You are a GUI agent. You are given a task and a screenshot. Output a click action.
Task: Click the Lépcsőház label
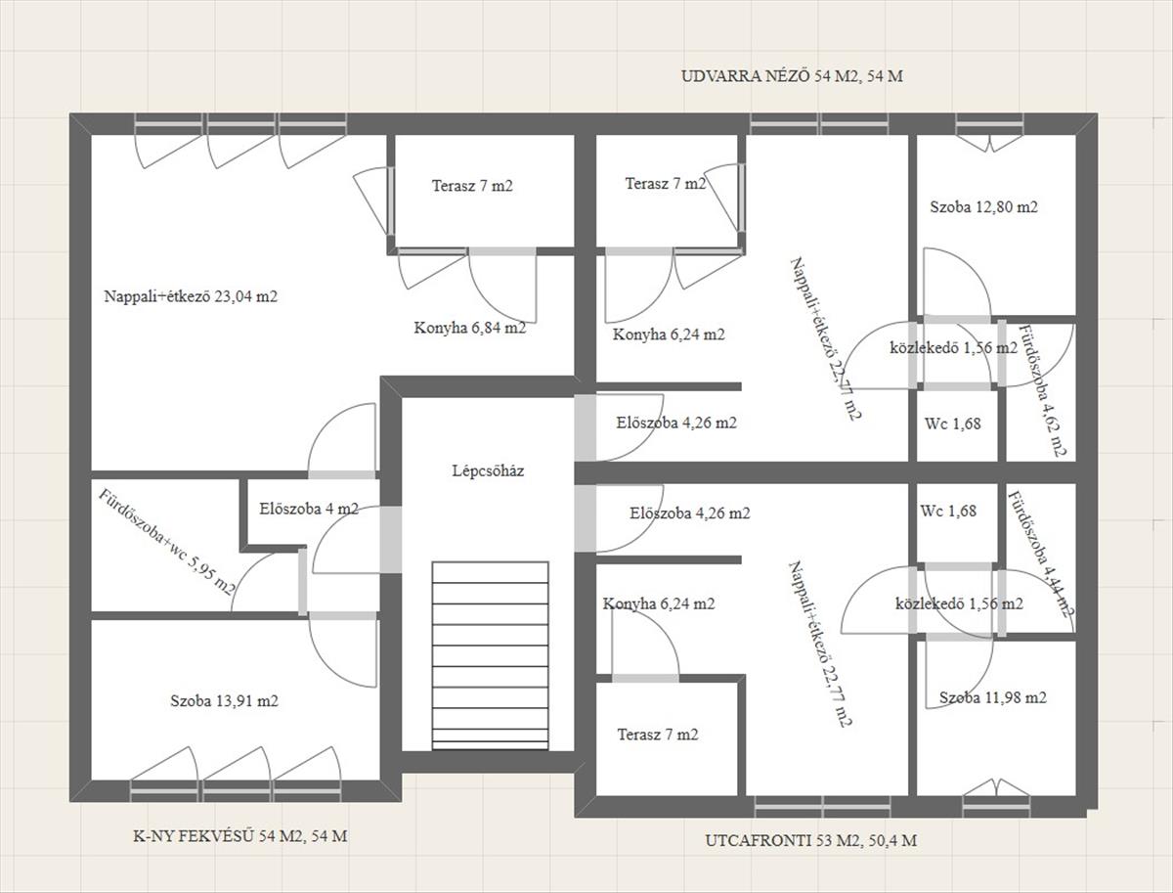[x=488, y=471]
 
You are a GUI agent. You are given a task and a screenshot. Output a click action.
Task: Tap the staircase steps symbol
[x=490, y=655]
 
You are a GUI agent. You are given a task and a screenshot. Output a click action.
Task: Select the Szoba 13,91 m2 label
[x=224, y=701]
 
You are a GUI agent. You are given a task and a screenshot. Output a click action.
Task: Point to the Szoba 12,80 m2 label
[x=983, y=207]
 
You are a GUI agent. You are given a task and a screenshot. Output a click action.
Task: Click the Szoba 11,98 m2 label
[x=993, y=697]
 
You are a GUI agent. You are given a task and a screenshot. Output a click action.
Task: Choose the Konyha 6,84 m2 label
[x=470, y=328]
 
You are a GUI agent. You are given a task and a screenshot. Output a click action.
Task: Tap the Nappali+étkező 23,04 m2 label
[x=191, y=296]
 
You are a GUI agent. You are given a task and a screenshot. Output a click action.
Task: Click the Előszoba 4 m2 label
[x=309, y=509]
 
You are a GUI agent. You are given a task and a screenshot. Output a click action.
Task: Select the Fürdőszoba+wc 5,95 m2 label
[x=167, y=542]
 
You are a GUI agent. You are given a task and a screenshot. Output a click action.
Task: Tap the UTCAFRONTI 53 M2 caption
[x=784, y=840]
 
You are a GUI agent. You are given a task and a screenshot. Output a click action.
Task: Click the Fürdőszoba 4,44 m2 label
[x=1040, y=554]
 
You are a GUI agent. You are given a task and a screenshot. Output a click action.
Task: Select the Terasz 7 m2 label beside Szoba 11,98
[x=658, y=735]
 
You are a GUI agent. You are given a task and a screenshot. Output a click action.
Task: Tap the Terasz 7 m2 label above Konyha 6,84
[x=472, y=186]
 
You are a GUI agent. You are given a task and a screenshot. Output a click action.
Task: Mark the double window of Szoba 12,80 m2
[x=989, y=124]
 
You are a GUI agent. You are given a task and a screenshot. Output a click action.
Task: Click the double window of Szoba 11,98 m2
[x=995, y=807]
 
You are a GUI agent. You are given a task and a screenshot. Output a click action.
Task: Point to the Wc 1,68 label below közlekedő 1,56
[x=953, y=424]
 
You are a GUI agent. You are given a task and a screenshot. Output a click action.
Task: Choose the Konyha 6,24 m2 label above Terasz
[x=659, y=603]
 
